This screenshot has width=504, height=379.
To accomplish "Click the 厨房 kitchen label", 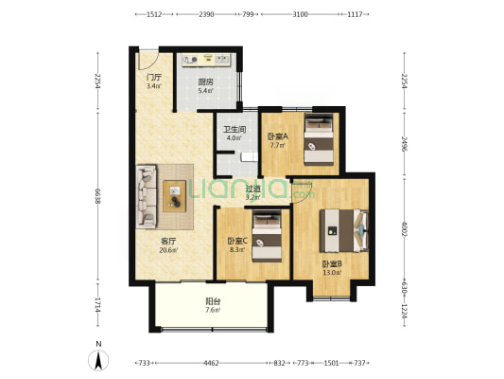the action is pyautogui.click(x=205, y=82).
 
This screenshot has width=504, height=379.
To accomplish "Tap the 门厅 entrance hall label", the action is pyautogui.click(x=154, y=78).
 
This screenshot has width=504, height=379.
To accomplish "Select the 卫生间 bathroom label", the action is pyautogui.click(x=235, y=130).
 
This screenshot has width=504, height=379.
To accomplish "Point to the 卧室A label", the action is pyautogui.click(x=278, y=136).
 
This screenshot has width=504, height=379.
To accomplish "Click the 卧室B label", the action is pyautogui.click(x=332, y=264).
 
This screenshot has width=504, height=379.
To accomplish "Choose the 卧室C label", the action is pyautogui.click(x=237, y=241).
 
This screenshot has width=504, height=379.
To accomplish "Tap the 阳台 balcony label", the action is pyautogui.click(x=213, y=301).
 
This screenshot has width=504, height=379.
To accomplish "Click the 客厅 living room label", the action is pyautogui.click(x=168, y=242).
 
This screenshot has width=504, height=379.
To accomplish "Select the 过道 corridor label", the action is pyautogui.click(x=252, y=189).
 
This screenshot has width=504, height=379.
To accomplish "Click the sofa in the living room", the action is pyautogui.click(x=147, y=197).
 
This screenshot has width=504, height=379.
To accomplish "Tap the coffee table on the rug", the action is pyautogui.click(x=175, y=196).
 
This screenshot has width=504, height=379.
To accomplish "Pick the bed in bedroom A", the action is pyautogui.click(x=319, y=140).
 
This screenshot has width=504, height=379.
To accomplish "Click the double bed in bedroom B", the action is pyautogui.click(x=343, y=230).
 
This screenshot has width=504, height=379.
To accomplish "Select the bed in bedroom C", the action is pyautogui.click(x=267, y=236).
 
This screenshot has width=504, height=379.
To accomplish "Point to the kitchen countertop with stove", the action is pyautogui.click(x=206, y=61).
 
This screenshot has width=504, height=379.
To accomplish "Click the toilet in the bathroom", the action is pyautogui.click(x=250, y=157).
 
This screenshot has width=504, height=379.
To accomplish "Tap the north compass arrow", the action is pyautogui.click(x=98, y=360).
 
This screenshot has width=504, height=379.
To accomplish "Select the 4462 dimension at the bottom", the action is pyautogui.click(x=211, y=363).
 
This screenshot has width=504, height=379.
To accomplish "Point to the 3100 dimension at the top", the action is pyautogui.click(x=300, y=14).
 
